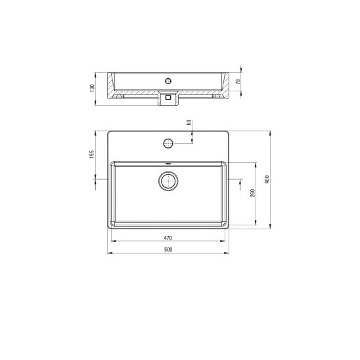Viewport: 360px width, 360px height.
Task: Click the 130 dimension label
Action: click(x=92, y=88)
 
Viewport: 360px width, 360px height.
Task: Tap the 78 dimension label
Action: click(x=238, y=81)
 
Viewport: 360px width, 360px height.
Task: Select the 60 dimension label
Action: click(x=189, y=122)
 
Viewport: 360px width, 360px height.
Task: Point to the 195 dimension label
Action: click(x=92, y=154)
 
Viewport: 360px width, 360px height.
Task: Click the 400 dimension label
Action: click(x=267, y=179)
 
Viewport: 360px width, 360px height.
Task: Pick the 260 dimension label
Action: click(x=252, y=193)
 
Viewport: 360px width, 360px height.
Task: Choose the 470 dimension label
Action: click(x=168, y=238)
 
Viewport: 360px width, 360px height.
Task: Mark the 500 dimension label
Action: click(x=168, y=250)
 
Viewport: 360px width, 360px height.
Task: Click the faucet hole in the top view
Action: click(x=168, y=143)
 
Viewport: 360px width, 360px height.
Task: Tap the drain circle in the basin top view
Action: click(x=168, y=181)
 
